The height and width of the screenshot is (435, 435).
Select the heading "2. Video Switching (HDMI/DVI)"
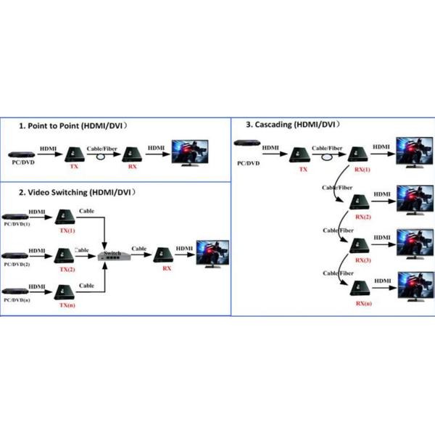78,193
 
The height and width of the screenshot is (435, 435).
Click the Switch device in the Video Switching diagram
114,255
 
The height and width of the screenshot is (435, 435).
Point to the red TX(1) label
67,230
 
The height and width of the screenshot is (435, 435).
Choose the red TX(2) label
67,269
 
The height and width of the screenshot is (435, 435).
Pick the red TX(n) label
67,306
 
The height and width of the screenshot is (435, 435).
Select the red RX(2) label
362,217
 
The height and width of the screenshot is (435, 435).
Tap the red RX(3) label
362,260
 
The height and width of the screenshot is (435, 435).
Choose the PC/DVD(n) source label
17,299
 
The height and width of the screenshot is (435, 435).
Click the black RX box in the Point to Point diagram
131,154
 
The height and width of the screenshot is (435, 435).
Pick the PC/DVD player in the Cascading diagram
247,150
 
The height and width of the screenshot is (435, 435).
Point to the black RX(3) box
360,245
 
